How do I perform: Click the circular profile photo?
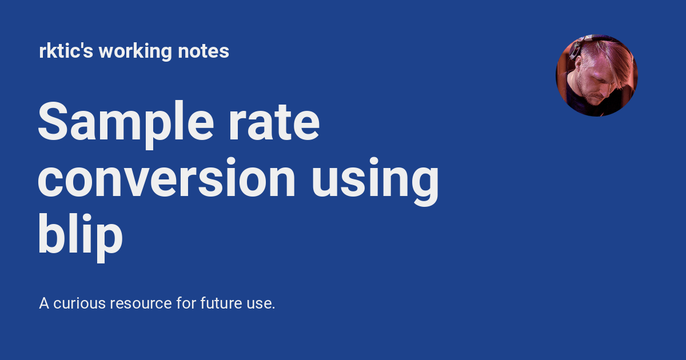tap(596, 75)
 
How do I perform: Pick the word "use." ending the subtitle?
tap(262, 303)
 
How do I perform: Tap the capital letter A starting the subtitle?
tap(44, 303)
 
